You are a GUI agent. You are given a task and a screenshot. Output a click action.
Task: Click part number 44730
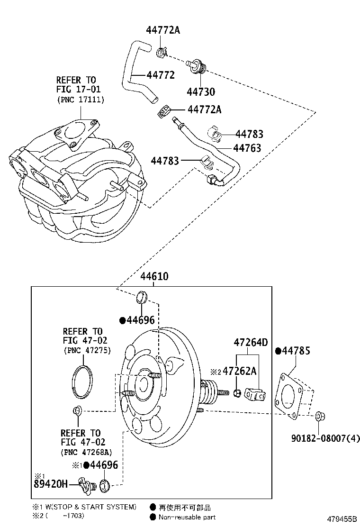coord(201,91)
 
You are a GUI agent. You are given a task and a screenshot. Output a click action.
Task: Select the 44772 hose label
coord(161,75)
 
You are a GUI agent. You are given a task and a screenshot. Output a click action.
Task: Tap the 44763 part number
coord(247,148)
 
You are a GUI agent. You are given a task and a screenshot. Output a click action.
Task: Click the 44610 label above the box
coord(154,276)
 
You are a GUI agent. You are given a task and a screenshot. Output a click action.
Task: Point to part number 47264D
coord(251,342)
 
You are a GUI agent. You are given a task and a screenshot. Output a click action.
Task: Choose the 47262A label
coord(240,371)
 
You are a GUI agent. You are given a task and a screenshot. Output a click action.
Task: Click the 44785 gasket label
coord(296,351)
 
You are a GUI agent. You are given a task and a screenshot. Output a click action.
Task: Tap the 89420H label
coord(51,484)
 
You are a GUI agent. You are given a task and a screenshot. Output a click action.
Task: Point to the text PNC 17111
coord(81,100)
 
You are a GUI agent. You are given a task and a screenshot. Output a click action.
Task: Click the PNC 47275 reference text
coord(87,351)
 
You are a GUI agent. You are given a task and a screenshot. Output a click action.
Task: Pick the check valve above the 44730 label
coord(196,66)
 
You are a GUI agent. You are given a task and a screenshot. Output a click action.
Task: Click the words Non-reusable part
coord(187,518)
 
